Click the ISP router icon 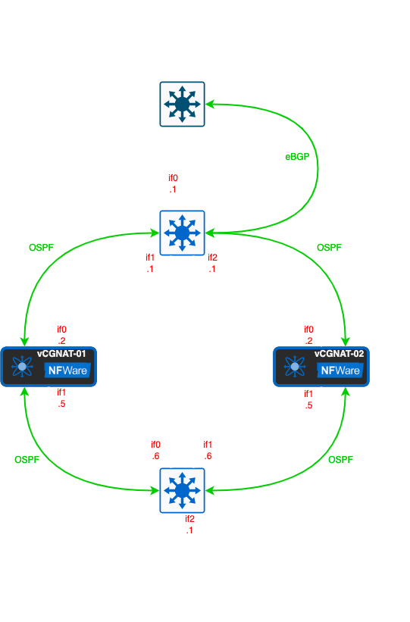coord(183,104)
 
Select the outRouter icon coord(183,233)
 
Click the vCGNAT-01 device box coord(49,367)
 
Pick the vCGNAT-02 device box coord(321,367)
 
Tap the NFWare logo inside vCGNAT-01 coord(67,370)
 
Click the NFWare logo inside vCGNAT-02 coord(340,370)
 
